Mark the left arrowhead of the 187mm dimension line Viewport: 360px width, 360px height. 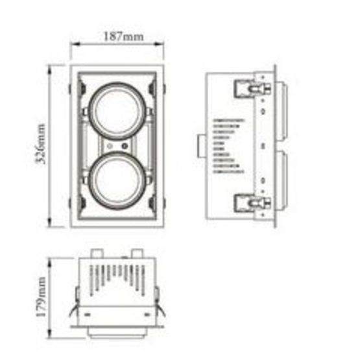[x=73, y=45]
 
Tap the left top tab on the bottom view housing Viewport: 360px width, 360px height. [x=97, y=252]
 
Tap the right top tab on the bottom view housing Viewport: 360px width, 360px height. [x=137, y=252]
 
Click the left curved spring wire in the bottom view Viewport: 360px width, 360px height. [x=77, y=312]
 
